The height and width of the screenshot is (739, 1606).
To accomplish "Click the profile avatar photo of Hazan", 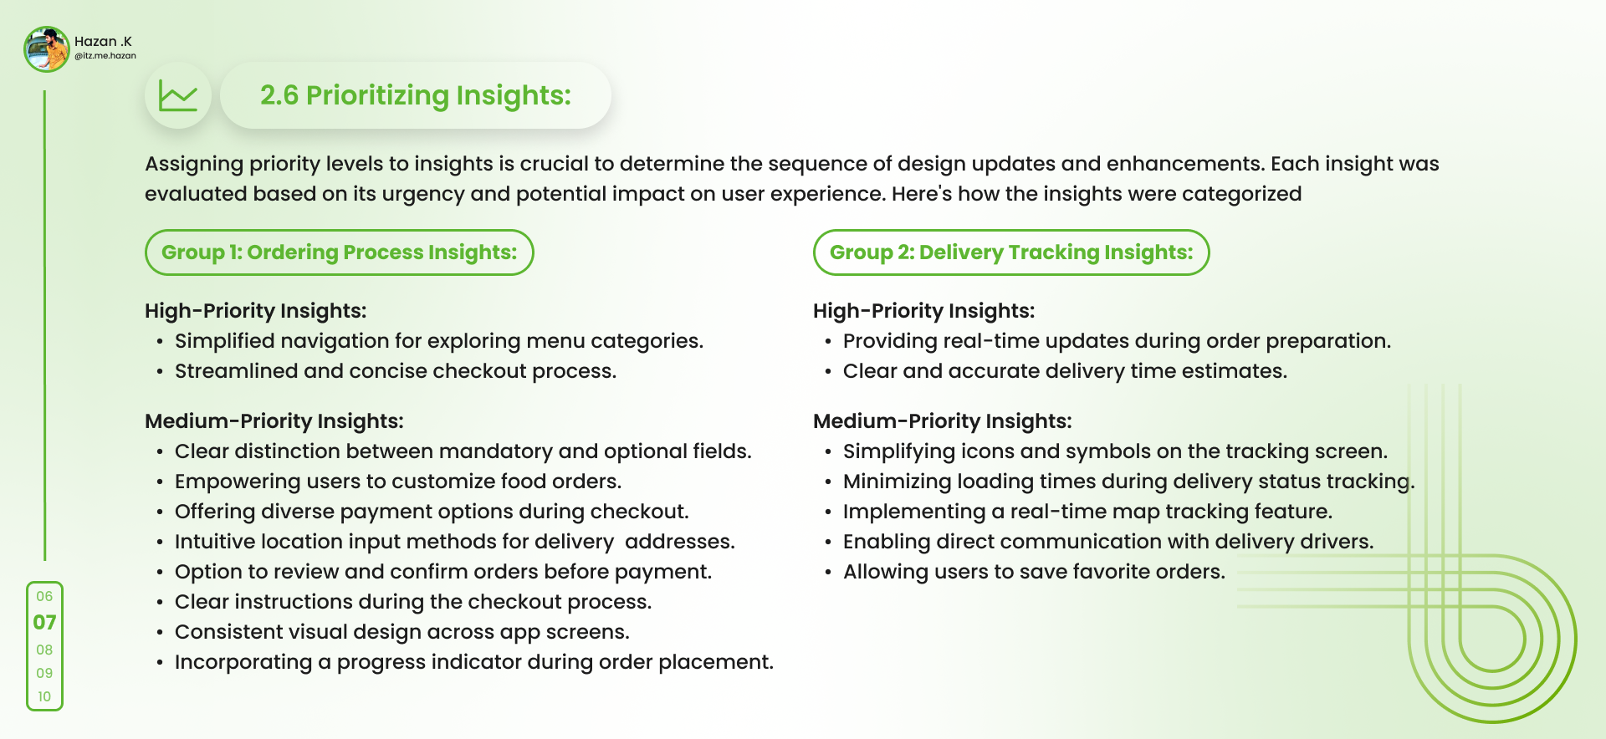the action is [x=47, y=49].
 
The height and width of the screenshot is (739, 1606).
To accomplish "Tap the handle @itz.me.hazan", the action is [x=105, y=56].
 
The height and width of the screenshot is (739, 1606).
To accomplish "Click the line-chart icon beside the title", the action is [x=178, y=96].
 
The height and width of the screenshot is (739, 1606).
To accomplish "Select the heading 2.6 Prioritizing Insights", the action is [x=416, y=95].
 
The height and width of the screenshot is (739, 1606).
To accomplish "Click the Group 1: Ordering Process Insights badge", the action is [x=340, y=252].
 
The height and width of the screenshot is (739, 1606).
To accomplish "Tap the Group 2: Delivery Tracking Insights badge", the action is [x=1011, y=252].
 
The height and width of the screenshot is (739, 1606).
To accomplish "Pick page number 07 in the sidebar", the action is [x=44, y=623].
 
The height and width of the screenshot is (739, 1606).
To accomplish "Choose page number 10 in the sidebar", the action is [x=44, y=696].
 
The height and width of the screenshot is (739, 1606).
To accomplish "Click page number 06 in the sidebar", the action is [x=44, y=596].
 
